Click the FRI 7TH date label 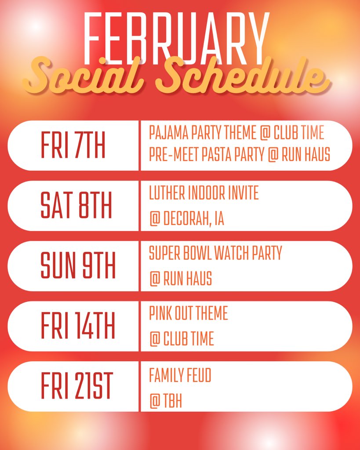(73, 145)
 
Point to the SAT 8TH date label (76, 206)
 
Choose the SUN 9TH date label (78, 266)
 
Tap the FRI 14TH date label (78, 326)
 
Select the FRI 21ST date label (77, 386)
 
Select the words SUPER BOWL (183, 254)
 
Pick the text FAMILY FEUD (180, 376)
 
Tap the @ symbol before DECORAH (154, 219)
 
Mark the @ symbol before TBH (154, 401)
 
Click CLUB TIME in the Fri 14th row (189, 339)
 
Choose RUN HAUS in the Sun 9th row (188, 279)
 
